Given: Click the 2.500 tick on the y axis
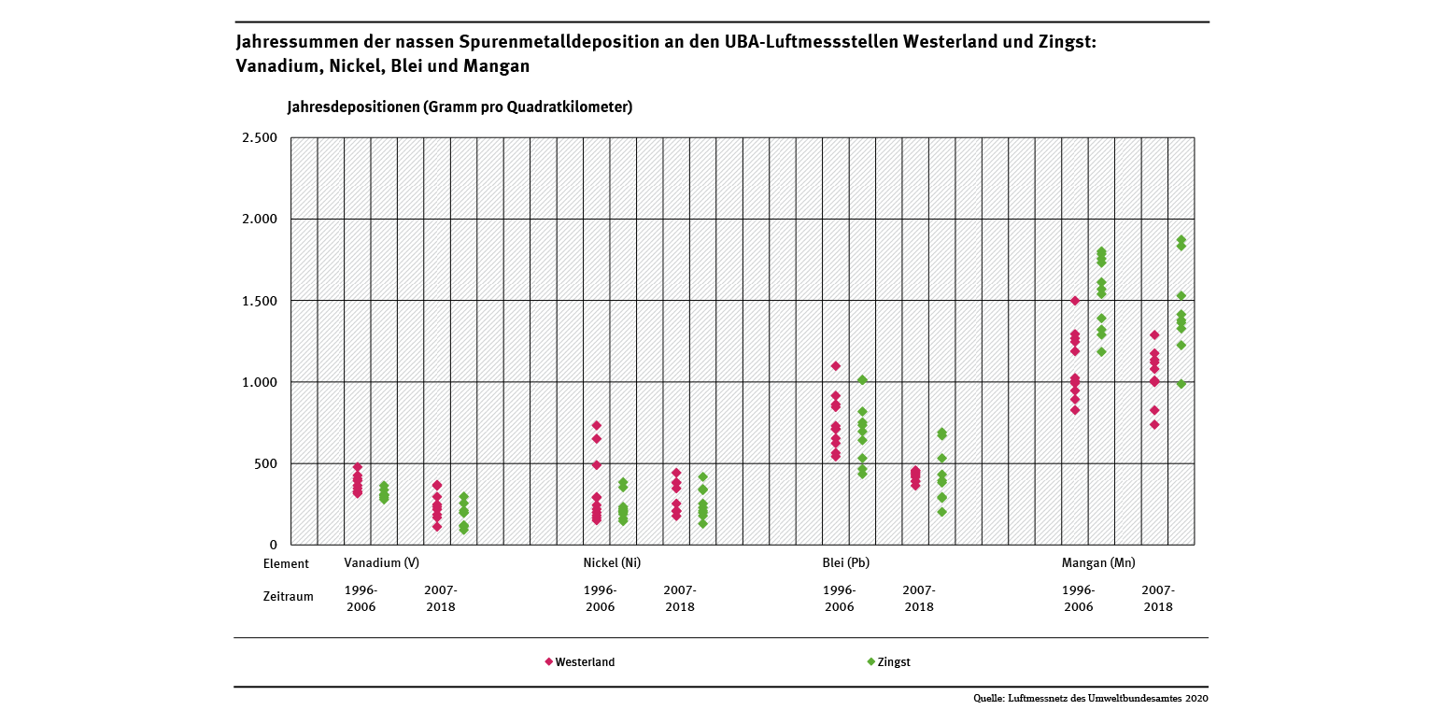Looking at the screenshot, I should pos(259,138).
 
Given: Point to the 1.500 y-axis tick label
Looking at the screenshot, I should pos(259,301).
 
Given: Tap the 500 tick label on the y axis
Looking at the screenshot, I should pos(265,463).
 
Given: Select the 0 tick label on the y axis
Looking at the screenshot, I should pos(273,545).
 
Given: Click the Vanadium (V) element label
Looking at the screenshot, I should pos(381,563).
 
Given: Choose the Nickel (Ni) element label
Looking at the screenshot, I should pos(612,563).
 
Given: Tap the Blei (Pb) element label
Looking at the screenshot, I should pos(846,563).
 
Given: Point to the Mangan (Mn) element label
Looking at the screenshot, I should pos(1098,563).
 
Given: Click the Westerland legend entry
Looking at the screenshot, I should pos(580,662).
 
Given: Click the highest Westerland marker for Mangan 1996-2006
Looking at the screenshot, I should pos(1075,301).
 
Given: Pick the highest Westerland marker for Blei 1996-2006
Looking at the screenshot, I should pos(836,366).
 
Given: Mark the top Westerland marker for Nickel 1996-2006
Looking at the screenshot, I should pos(597,426).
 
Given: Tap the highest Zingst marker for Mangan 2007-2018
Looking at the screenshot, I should pos(1181,240).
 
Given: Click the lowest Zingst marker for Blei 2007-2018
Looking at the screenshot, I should pos(942,511).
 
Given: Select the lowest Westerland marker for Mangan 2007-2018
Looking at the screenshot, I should pos(1154,424).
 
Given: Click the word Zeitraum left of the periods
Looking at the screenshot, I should pos(289,595).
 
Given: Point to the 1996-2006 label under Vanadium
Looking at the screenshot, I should pos(361,598).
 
